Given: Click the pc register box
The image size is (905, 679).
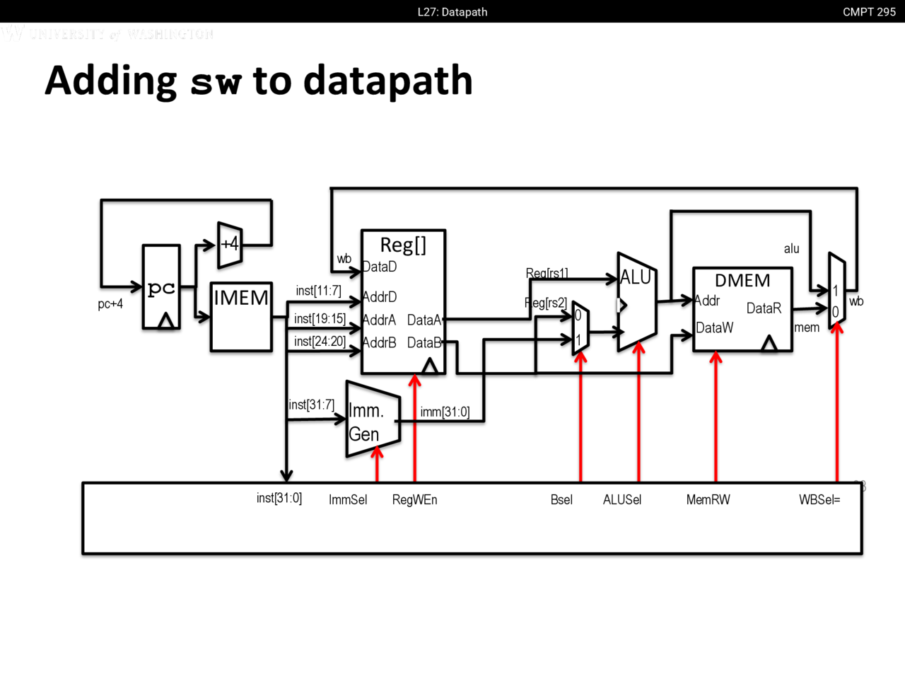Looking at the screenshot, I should tap(161, 287).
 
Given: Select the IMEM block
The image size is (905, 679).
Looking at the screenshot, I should tap(241, 315).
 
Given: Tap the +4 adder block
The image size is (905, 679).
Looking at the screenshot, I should tap(230, 245).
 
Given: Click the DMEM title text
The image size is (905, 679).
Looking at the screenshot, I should tap(742, 281).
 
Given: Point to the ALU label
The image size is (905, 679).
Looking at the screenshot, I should tap(635, 278).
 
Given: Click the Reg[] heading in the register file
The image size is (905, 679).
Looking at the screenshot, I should tap(403, 245).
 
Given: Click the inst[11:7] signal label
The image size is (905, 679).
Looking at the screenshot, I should tap(318, 291).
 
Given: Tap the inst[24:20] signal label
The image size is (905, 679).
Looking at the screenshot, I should tap(320, 342).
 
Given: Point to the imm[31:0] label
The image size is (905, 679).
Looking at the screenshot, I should tap(445, 412).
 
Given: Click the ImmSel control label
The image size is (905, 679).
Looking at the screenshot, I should tap(348, 500).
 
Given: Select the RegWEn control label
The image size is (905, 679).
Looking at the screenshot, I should tap(414, 500).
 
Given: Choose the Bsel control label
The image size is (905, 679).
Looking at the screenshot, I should tap(561, 500).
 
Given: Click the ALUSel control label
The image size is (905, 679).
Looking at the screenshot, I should tap(622, 500).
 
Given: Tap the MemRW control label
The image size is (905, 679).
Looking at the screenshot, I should tap(708, 500).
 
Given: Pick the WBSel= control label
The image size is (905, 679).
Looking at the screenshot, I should tap(819, 500).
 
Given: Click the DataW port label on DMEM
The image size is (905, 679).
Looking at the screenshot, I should tap(714, 328).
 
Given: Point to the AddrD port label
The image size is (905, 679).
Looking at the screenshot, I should tap(380, 297).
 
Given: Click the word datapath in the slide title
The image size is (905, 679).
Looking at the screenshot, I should tap(388, 81).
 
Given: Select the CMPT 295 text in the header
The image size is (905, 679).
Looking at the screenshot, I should tap(869, 12).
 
